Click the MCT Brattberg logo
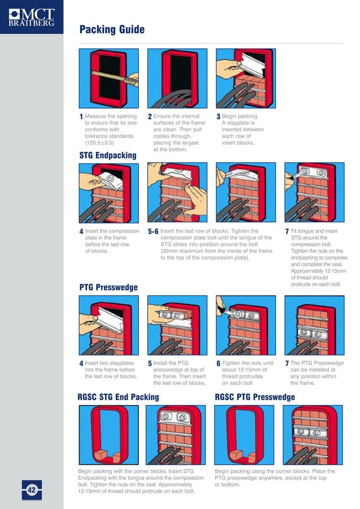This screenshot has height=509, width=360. [x=31, y=16]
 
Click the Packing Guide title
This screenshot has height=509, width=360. [x=112, y=29]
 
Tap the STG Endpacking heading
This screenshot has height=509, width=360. [x=107, y=155]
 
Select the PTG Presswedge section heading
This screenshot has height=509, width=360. [x=108, y=287]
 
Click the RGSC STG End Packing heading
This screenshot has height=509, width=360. [x=118, y=397]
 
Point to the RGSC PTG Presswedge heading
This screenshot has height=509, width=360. [x=255, y=397]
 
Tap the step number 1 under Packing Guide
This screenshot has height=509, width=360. [x=81, y=117]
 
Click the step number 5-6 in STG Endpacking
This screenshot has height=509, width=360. [x=153, y=232]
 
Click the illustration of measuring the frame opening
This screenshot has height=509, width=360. [x=108, y=78]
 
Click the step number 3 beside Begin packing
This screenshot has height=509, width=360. [x=218, y=117]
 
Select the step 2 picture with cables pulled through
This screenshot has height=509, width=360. [x=177, y=78]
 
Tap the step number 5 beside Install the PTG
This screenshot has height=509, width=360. [x=150, y=364]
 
